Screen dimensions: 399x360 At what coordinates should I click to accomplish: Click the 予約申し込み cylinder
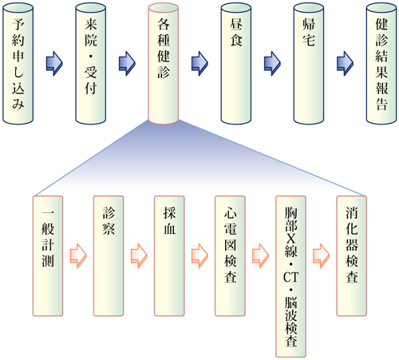[x=18, y=64]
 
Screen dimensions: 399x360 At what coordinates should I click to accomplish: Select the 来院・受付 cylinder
[x=91, y=64]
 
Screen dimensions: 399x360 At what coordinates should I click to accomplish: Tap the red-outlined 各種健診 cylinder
[x=164, y=64]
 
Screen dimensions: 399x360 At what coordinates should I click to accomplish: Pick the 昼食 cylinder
[x=236, y=64]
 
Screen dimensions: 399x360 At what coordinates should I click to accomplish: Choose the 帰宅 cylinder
[x=309, y=64]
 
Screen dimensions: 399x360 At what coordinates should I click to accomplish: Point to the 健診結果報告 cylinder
[x=381, y=64]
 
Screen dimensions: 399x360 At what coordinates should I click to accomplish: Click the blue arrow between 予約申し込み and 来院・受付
[x=54, y=64]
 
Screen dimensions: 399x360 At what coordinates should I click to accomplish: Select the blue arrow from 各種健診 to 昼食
[x=199, y=64]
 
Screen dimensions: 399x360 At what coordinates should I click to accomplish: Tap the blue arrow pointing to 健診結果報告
[x=345, y=64]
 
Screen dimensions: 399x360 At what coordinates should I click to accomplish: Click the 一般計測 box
[x=48, y=256]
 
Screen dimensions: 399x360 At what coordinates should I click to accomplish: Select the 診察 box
[x=109, y=256]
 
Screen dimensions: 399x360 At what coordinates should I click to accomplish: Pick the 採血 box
[x=169, y=256]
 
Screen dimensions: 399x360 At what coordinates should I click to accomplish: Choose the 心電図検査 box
[x=230, y=256]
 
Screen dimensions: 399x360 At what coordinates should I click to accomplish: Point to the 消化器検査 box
[x=352, y=256]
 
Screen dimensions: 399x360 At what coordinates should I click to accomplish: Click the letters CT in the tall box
[x=291, y=277]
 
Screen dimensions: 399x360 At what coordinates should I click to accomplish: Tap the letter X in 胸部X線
[x=291, y=238]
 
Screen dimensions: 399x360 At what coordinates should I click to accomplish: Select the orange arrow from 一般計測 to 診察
[x=78, y=255]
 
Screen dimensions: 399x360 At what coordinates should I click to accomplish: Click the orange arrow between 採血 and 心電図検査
[x=199, y=255]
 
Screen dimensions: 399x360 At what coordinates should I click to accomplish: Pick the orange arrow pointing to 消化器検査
[x=321, y=255]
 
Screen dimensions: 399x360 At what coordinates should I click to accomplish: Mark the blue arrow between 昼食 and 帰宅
[x=272, y=64]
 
